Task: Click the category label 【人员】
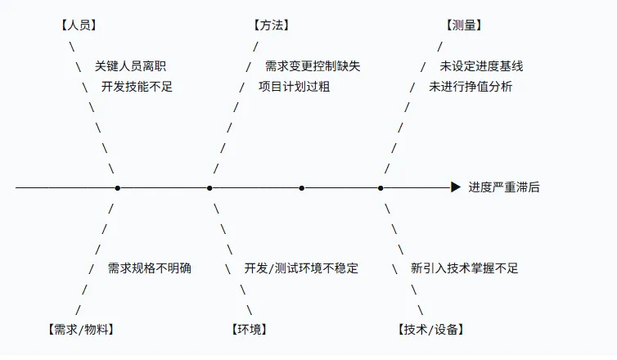79,25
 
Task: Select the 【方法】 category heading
271,25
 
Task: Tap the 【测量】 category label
464,25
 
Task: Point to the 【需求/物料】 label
81,329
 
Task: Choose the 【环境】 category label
250,329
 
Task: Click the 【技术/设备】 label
431,329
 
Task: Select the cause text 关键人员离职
130,66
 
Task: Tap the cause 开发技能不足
137,87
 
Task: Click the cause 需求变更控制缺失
313,66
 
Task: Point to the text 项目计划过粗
295,87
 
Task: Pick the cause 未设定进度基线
482,66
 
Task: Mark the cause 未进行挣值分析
471,87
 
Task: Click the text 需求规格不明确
150,268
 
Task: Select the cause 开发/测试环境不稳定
301,268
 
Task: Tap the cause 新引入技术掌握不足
464,268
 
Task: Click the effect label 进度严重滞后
504,187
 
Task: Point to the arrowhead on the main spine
456,187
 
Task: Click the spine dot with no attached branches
301,188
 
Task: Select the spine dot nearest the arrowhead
381,188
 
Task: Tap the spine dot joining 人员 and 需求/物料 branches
117,188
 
